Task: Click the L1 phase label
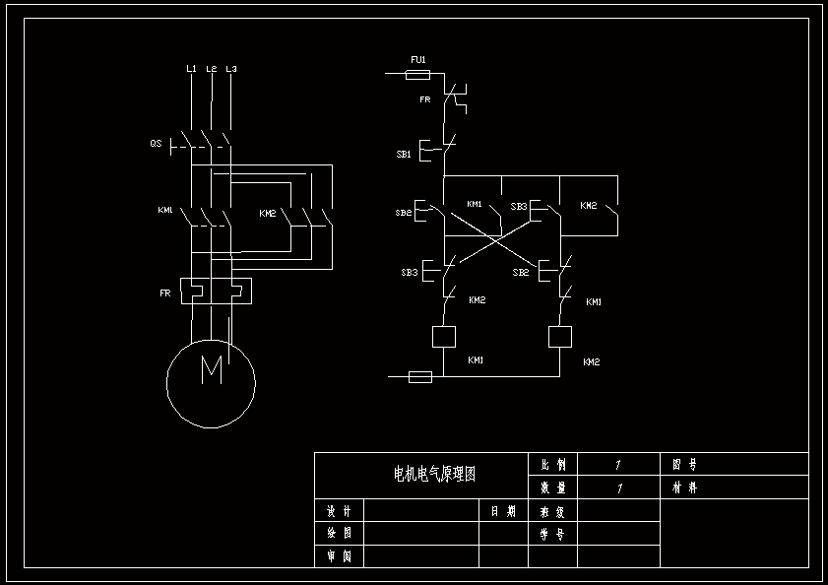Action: [x=191, y=69]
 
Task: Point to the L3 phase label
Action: [x=231, y=69]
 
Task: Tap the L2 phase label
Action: [x=212, y=69]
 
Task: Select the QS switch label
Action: [x=156, y=144]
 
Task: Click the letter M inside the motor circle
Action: [x=212, y=370]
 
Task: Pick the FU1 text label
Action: [x=417, y=60]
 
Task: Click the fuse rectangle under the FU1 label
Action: [x=418, y=74]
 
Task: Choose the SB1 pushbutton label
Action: [x=404, y=155]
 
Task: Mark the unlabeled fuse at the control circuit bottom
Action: [x=419, y=376]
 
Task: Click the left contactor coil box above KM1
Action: [x=444, y=336]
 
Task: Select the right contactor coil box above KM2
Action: [x=560, y=336]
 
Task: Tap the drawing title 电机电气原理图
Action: [x=434, y=475]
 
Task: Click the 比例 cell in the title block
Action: [x=553, y=464]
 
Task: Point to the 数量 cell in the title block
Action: [x=553, y=487]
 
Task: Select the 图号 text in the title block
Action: [x=685, y=464]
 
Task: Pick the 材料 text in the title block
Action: [x=685, y=487]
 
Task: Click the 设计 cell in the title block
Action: [x=339, y=511]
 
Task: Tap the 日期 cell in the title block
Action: [x=503, y=511]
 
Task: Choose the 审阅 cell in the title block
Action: [x=339, y=556]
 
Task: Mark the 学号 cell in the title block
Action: [x=553, y=534]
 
